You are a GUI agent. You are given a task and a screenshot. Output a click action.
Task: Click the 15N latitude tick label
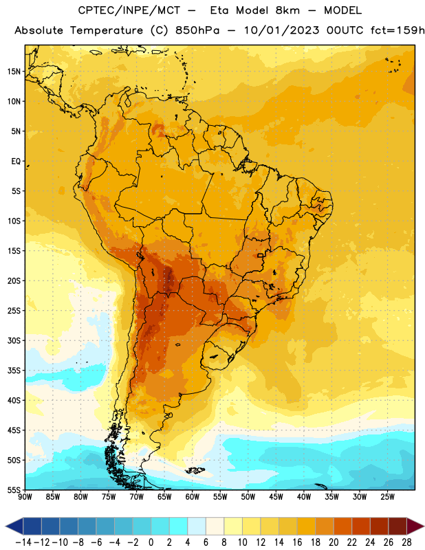click(14, 71)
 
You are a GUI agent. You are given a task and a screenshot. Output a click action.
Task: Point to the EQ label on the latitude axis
click(16, 162)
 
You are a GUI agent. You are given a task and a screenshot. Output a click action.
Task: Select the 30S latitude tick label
click(14, 340)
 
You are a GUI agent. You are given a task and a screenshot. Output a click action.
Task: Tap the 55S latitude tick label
click(14, 490)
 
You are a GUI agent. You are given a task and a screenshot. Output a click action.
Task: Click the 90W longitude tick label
click(25, 497)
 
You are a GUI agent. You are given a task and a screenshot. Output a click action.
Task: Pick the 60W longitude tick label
click(193, 497)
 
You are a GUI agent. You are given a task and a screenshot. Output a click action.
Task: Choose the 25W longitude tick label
click(387, 497)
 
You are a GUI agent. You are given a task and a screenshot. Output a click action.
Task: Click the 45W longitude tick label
click(276, 497)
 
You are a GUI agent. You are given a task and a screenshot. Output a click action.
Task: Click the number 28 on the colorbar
click(406, 542)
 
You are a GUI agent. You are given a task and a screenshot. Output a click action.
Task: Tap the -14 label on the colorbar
click(23, 542)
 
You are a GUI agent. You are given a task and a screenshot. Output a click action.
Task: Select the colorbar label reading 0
click(151, 542)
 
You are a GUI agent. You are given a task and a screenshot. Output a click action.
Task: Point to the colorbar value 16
click(297, 542)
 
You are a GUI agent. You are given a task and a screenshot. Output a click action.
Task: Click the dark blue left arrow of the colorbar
click(14, 526)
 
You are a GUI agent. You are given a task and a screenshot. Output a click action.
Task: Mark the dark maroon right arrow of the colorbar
click(415, 526)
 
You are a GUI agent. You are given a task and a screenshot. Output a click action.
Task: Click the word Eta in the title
click(219, 10)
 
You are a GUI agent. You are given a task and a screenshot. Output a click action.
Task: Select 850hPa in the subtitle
click(197, 30)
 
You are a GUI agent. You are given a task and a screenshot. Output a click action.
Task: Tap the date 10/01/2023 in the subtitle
click(282, 30)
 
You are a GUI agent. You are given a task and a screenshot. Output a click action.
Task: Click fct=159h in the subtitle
click(397, 30)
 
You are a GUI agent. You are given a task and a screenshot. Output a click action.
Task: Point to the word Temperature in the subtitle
click(107, 30)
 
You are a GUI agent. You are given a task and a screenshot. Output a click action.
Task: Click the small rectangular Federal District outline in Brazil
click(261, 255)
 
